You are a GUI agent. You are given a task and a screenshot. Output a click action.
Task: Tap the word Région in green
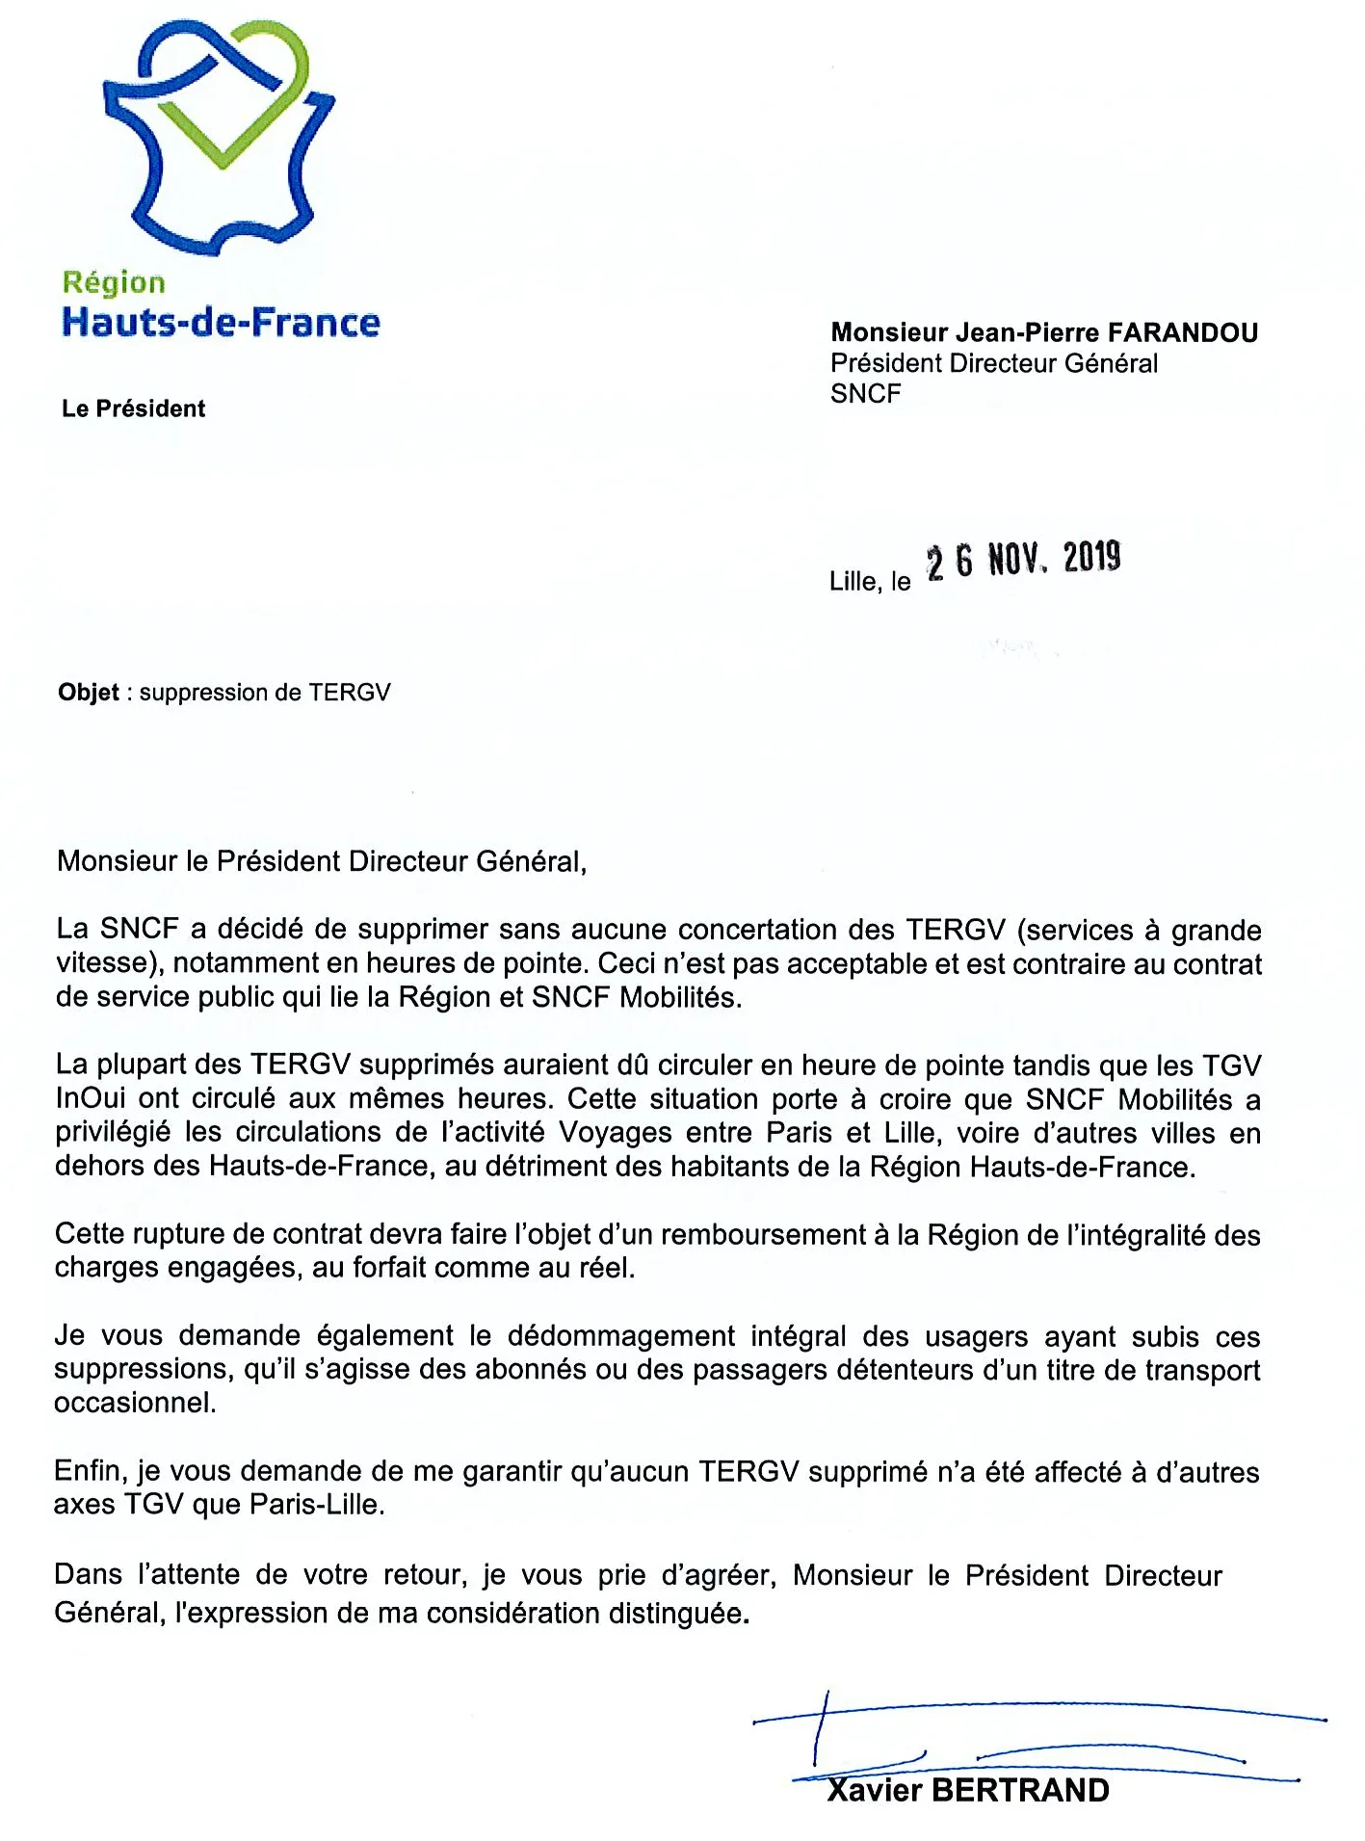pos(114,283)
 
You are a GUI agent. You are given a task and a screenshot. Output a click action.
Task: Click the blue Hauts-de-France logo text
pos(221,323)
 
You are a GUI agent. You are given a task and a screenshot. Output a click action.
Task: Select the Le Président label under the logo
pos(133,408)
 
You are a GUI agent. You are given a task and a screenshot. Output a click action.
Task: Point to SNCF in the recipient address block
pos(865,394)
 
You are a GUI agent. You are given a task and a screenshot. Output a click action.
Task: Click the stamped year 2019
pos(1091,558)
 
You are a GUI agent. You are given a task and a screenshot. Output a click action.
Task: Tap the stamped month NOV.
pos(1014,560)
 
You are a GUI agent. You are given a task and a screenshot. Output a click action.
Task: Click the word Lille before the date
pos(852,582)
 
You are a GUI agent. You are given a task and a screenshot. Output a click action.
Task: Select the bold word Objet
pos(89,693)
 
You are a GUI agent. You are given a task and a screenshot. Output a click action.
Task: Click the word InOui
pos(91,1099)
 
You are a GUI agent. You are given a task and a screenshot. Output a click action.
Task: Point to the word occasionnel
pos(134,1403)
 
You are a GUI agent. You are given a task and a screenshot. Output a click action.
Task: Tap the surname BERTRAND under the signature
pos(1020,1791)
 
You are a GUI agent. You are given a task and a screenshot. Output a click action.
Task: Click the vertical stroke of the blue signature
pos(820,1728)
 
